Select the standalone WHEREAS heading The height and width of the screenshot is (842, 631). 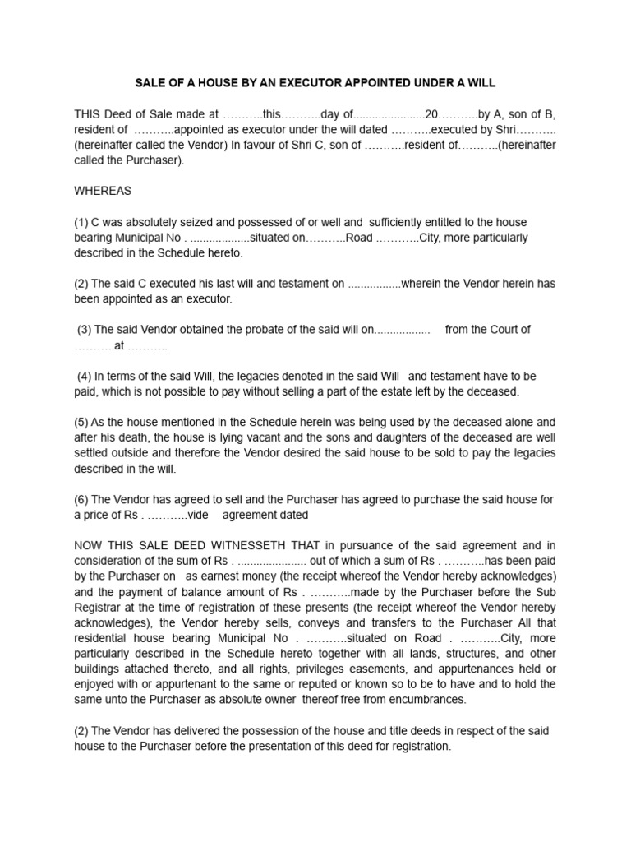(103, 191)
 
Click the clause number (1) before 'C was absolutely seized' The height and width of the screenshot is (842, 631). (82, 222)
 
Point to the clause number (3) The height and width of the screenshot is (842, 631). (85, 329)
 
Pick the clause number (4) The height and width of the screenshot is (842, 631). (85, 376)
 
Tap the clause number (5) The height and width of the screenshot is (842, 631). (82, 423)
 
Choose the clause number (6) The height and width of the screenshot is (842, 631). (82, 499)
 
